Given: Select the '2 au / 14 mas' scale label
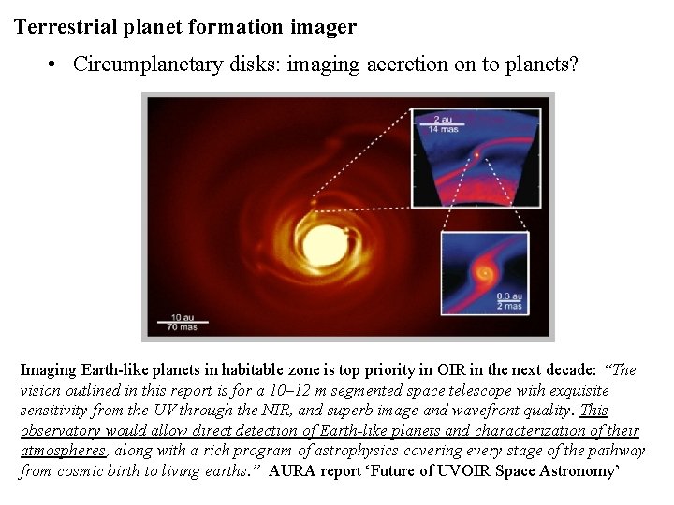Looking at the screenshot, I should coord(448,123).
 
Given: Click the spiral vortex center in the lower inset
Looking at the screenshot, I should coord(483,274).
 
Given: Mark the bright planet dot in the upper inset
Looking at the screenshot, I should coord(478,151).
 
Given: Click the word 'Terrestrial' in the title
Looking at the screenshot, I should coord(65,27).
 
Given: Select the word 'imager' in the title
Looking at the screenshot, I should coord(327,27).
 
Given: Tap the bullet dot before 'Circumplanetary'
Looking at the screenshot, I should coord(54,65).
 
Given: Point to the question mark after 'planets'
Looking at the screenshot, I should coord(574,65).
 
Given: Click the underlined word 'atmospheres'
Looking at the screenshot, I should coord(64,451).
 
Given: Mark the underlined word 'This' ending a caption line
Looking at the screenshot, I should coord(594,411).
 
